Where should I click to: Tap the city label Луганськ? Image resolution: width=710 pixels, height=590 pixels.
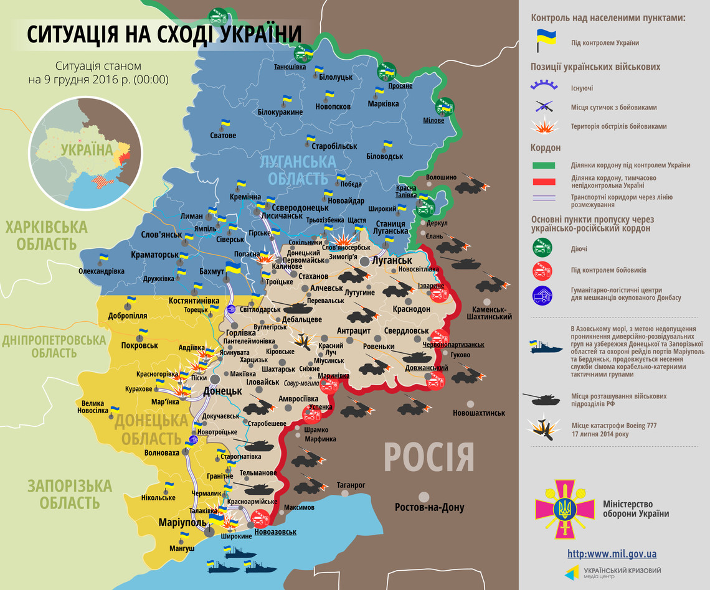coord(392,260)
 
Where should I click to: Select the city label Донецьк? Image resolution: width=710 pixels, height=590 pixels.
coord(222,391)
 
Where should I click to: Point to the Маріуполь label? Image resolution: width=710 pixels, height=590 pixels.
coord(182,522)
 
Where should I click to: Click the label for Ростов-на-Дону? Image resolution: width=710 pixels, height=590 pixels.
coord(429,507)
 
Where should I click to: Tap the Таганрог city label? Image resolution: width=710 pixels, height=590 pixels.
coord(351,485)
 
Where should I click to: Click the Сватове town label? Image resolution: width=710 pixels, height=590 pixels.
coord(223,135)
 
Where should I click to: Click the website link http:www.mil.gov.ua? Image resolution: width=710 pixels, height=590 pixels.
coord(612,553)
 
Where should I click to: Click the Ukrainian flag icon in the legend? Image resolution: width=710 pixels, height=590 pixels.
coord(542,40)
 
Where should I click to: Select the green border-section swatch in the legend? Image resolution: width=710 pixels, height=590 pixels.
coord(543,165)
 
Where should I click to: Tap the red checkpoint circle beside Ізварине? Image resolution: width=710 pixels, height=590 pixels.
coord(439,295)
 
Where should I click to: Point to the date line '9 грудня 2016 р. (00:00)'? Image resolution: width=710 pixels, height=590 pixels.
coord(97,80)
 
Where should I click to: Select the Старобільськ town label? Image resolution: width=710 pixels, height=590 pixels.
coord(334,146)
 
